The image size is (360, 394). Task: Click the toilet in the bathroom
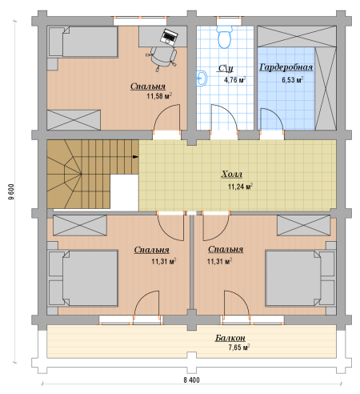click(224, 37)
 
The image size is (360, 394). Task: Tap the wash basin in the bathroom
click(202, 78)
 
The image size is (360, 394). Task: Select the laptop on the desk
click(169, 36)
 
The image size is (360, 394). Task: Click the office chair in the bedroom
click(161, 58)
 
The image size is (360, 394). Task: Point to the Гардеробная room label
click(286, 67)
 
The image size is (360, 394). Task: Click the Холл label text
click(232, 174)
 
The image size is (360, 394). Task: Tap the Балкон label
click(230, 338)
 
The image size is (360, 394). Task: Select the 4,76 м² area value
click(234, 79)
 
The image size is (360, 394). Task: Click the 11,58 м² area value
click(159, 96)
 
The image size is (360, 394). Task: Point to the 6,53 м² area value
click(293, 79)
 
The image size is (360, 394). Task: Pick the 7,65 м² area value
click(239, 348)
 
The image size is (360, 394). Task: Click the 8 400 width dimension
click(191, 380)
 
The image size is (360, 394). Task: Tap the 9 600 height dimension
click(11, 192)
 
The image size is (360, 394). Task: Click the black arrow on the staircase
click(135, 157)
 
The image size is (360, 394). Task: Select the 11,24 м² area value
click(240, 187)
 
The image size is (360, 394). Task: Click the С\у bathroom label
click(226, 68)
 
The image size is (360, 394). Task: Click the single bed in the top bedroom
click(82, 42)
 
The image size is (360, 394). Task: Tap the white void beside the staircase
click(124, 191)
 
